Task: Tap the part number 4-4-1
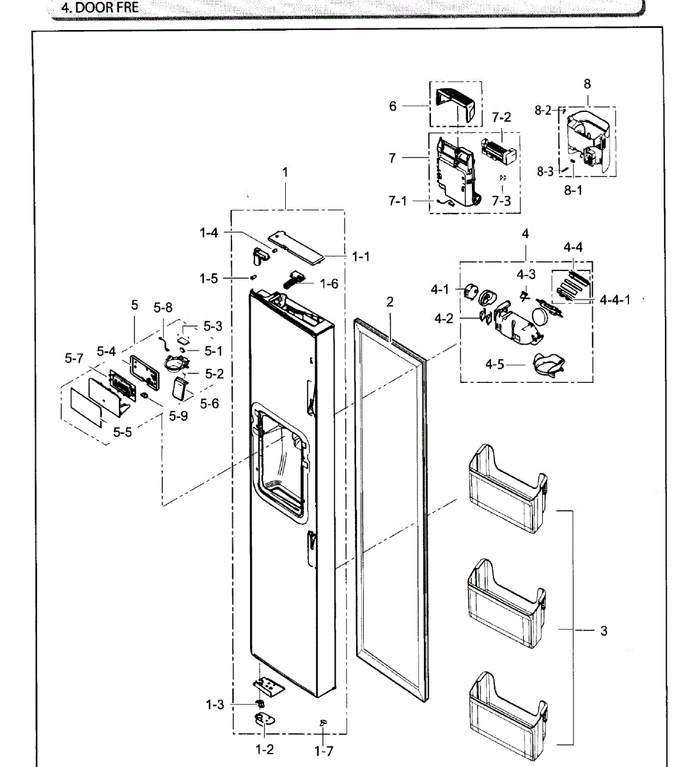pyautogui.click(x=614, y=299)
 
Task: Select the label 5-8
pyautogui.click(x=163, y=308)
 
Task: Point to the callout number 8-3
pyautogui.click(x=545, y=171)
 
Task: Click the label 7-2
pyautogui.click(x=501, y=118)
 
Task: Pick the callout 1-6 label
pyautogui.click(x=329, y=283)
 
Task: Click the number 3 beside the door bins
pyautogui.click(x=604, y=631)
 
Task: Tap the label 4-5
pyautogui.click(x=495, y=364)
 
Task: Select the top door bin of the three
pyautogui.click(x=506, y=486)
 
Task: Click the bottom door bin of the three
pyautogui.click(x=506, y=709)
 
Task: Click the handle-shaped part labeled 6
pyautogui.click(x=456, y=104)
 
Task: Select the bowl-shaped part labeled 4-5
pyautogui.click(x=547, y=365)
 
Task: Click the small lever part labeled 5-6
pyautogui.click(x=180, y=387)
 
